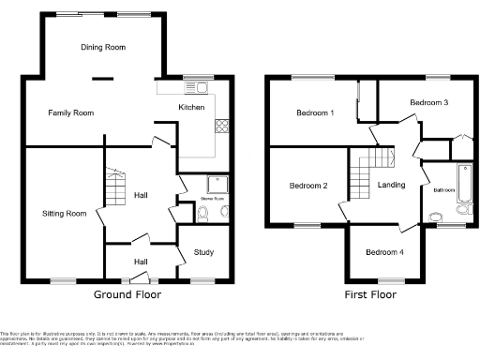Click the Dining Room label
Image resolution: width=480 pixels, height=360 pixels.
click(x=103, y=47)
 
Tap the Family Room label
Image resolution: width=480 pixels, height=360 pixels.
click(x=71, y=112)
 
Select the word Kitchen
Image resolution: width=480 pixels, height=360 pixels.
click(x=191, y=108)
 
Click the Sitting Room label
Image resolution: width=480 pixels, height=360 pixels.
click(x=64, y=214)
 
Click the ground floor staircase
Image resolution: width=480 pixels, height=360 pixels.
click(x=113, y=188)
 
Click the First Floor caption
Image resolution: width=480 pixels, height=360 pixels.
click(x=370, y=294)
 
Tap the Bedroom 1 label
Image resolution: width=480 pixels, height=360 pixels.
click(x=315, y=113)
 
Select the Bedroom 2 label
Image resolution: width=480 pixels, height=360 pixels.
click(x=307, y=186)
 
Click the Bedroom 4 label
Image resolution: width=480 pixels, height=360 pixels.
click(x=384, y=252)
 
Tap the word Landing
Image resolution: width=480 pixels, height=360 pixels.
click(x=391, y=185)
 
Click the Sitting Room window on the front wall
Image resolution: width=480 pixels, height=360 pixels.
click(x=64, y=279)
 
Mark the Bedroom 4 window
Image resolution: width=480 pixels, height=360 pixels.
click(x=391, y=279)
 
